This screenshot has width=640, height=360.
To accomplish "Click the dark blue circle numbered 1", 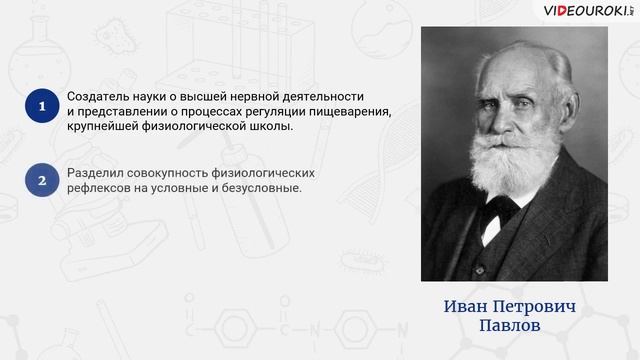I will coord(41,105).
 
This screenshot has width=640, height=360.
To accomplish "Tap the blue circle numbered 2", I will coord(41,181).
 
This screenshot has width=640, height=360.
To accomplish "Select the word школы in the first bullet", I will coord(272,126).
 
